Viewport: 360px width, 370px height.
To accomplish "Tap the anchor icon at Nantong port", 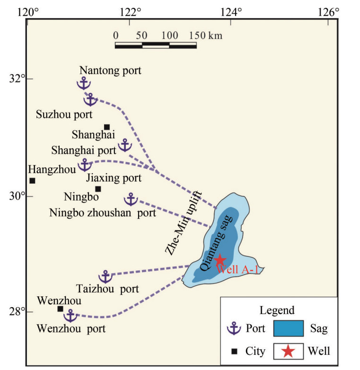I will [83, 83].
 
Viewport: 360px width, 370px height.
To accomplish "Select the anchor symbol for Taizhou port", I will [105, 277].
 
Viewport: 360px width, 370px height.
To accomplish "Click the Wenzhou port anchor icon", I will [70, 316].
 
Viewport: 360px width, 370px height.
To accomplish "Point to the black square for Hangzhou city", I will [32, 180].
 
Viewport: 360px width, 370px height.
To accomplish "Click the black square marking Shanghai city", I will [107, 127].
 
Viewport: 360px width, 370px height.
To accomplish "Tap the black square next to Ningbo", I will [98, 189].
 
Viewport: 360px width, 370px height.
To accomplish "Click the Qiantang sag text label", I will [216, 243].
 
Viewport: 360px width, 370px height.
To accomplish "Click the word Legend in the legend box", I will [277, 310].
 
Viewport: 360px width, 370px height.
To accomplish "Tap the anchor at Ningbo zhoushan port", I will [131, 200].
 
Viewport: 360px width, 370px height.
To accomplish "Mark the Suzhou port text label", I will [59, 114].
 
